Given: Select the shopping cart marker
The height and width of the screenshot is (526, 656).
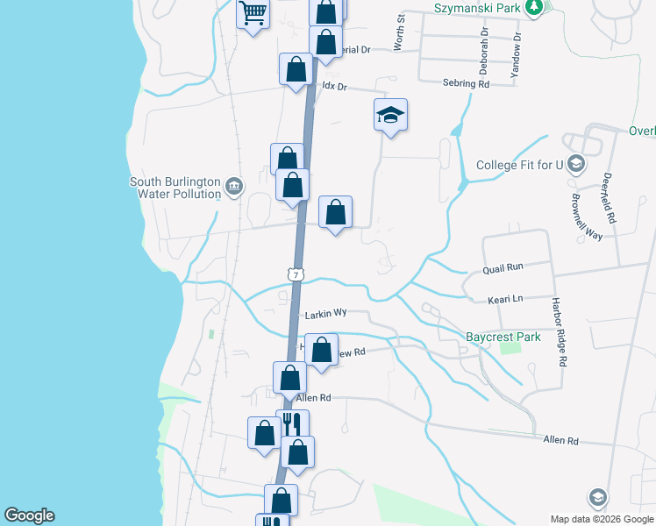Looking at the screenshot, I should [253, 14].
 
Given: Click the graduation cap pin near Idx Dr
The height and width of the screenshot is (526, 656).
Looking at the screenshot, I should [391, 115].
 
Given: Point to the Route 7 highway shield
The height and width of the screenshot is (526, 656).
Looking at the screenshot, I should [297, 274].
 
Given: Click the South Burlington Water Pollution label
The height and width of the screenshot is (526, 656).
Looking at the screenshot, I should [175, 188].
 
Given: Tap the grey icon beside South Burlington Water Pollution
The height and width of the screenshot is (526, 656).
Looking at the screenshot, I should [234, 185].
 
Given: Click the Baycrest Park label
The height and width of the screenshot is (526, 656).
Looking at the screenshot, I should [503, 337].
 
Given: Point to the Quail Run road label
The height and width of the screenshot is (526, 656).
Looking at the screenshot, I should [503, 267].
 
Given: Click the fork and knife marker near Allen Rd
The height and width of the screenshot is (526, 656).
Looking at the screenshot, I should [292, 425].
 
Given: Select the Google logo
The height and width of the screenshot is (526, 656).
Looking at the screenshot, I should [29, 515].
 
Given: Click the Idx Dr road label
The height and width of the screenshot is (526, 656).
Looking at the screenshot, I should [336, 87].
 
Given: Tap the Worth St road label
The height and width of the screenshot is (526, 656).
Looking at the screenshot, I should [401, 32].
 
